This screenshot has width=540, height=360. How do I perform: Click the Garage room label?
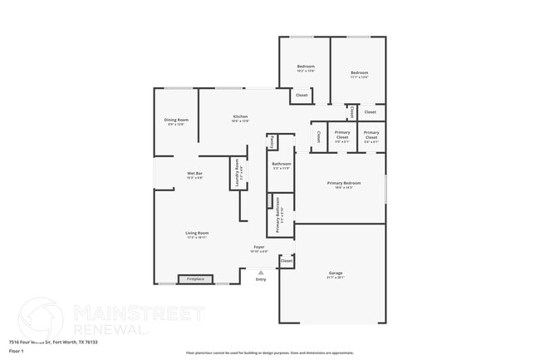pyautogui.click(x=336, y=273)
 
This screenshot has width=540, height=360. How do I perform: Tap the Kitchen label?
pyautogui.click(x=240, y=116)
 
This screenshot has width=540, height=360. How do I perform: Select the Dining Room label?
pyautogui.click(x=176, y=120)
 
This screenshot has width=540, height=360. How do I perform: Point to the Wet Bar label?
pyautogui.click(x=194, y=173)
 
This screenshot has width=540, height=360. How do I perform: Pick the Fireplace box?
pyautogui.click(x=195, y=279)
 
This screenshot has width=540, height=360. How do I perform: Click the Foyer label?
pyautogui.click(x=259, y=247)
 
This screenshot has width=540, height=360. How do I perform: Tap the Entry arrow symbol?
pyautogui.click(x=261, y=271)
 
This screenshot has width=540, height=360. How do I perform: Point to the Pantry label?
pyautogui.click(x=272, y=142)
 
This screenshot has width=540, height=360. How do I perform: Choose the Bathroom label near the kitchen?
pyautogui.click(x=282, y=164)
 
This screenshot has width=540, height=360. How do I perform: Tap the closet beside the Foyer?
pyautogui.click(x=287, y=261)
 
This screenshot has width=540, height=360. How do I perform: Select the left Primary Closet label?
pyautogui.click(x=342, y=134)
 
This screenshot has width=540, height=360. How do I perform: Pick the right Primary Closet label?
pyautogui.click(x=371, y=134)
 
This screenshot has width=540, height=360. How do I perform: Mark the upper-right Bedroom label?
pyautogui.click(x=359, y=73)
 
